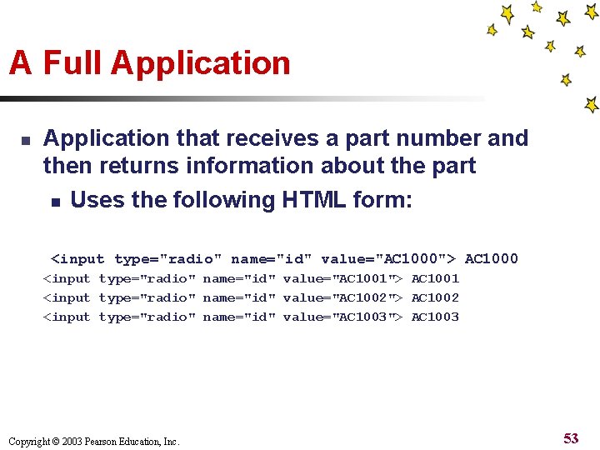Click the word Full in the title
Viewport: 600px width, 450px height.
(72, 63)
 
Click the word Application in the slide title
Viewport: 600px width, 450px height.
(200, 63)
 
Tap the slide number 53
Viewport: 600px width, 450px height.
(571, 438)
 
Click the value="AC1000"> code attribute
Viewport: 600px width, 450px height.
(388, 259)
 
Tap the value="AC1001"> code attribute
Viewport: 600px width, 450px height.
(343, 278)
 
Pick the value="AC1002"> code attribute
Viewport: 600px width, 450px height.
(343, 297)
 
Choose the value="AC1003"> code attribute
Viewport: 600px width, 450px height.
(343, 317)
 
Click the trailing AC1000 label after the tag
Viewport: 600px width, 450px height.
(491, 259)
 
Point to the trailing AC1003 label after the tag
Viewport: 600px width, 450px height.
(435, 317)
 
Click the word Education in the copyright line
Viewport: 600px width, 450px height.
(139, 442)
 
